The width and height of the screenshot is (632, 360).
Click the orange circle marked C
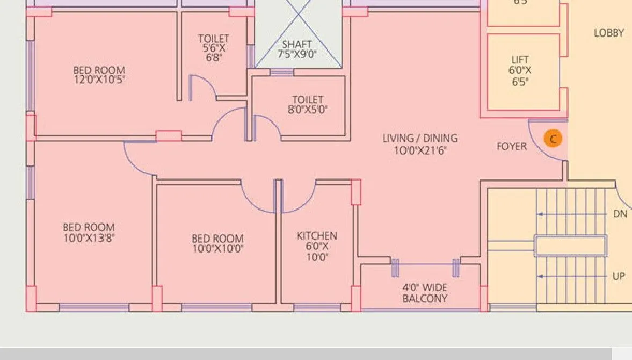tap(553, 139)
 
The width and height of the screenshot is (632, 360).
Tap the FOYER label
tap(511, 147)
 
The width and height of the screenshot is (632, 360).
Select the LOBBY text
tap(609, 33)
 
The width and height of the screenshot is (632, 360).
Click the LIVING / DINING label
tap(420, 139)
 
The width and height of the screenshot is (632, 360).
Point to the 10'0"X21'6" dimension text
tap(420, 150)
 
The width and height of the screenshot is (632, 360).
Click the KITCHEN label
tap(317, 236)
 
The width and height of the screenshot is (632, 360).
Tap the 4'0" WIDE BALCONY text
tap(425, 293)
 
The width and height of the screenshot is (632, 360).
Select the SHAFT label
tap(297, 45)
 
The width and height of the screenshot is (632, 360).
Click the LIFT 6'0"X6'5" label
tap(520, 70)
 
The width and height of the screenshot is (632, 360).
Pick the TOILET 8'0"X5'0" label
tap(308, 104)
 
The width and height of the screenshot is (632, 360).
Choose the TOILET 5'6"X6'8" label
tap(214, 48)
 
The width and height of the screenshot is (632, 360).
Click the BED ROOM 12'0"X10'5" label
tap(99, 75)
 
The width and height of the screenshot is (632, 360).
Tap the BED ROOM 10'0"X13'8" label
tap(89, 232)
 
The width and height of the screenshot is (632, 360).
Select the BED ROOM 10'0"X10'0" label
tap(217, 243)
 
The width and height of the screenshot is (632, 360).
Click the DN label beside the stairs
tap(620, 214)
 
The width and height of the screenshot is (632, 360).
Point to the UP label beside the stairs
tap(619, 277)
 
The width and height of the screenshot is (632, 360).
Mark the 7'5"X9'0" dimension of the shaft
tap(297, 54)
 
